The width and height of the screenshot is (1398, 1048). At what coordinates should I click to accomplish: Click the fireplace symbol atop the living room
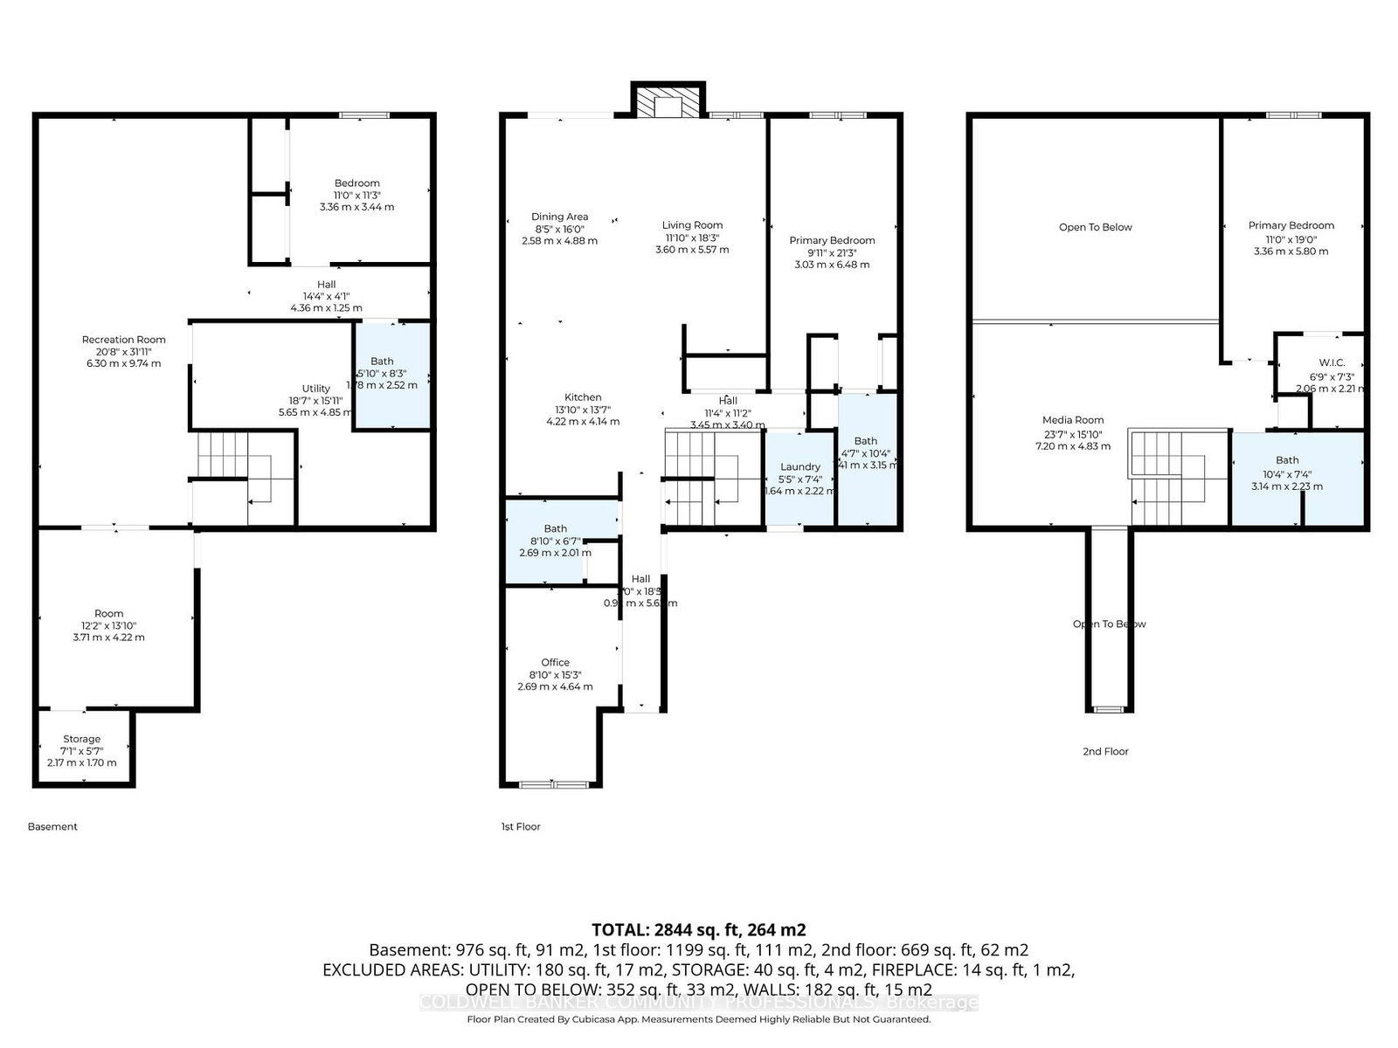coord(668,104)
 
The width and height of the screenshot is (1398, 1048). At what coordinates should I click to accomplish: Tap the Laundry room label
coord(800,467)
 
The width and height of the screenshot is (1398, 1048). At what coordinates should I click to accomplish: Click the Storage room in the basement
coord(81,740)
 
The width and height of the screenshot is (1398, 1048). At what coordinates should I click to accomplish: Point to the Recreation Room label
coord(123,340)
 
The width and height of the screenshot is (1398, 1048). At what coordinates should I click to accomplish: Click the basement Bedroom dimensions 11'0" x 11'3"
coord(356,196)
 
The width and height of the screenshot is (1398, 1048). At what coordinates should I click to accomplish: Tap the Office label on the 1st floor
coord(555,663)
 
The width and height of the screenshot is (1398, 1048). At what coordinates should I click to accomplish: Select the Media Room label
coord(1073,420)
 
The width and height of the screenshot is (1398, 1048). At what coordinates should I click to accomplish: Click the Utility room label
coord(316,389)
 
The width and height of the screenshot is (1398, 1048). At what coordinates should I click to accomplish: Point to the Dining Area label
coord(559,217)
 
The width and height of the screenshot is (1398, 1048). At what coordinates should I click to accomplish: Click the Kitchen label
coord(583,397)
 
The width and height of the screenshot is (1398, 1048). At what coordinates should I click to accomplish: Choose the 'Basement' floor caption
coord(52,826)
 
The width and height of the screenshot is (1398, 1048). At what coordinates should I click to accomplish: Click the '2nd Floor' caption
coord(1105,751)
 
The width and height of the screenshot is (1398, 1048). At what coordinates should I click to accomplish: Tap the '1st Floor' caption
coord(521,826)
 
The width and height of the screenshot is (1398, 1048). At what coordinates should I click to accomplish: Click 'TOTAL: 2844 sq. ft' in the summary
coord(698,929)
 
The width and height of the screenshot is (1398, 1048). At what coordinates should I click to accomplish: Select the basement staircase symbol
coord(245,479)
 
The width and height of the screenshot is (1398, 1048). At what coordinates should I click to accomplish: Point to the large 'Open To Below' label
coord(1095,227)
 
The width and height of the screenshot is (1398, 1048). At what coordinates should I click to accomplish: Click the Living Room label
coord(692,225)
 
